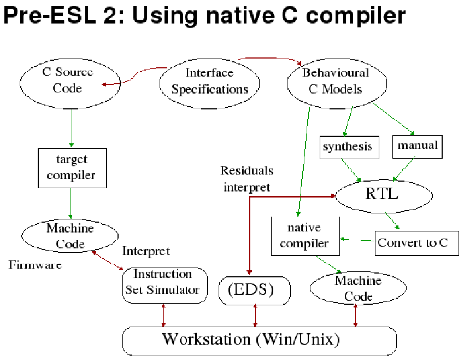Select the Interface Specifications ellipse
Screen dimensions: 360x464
pyautogui.click(x=209, y=81)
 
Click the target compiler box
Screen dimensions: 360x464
pyautogui.click(x=71, y=168)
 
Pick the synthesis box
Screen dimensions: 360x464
pyautogui.click(x=348, y=147)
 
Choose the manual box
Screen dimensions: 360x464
pyautogui.click(x=418, y=146)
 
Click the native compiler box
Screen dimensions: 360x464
pyautogui.click(x=304, y=235)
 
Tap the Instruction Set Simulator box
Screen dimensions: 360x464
pyautogui.click(x=163, y=282)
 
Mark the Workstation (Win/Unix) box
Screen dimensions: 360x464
pyautogui.click(x=259, y=340)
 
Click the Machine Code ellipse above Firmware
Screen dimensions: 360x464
pyautogui.click(x=70, y=235)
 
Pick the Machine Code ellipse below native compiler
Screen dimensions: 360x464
pyautogui.click(x=358, y=289)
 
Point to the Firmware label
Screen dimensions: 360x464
pyautogui.click(x=35, y=265)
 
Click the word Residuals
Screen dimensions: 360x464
pyautogui.click(x=246, y=171)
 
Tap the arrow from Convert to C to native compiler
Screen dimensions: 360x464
pyautogui.click(x=358, y=240)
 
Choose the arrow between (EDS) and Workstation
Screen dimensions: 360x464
pyautogui.click(x=255, y=316)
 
